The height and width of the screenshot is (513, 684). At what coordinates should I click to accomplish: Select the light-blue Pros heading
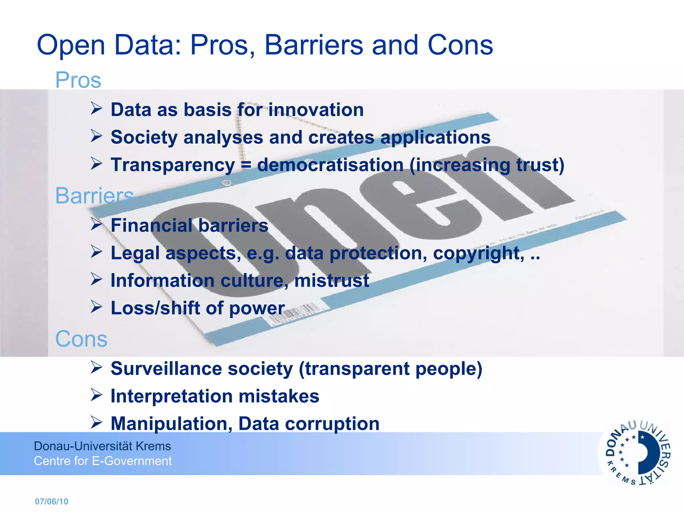click(78, 80)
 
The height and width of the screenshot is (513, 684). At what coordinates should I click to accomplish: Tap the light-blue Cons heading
click(81, 339)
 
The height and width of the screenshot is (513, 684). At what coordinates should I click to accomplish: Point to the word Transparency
click(173, 165)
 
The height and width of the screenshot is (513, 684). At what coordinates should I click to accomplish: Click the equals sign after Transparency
click(246, 165)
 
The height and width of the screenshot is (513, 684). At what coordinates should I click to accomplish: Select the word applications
click(435, 137)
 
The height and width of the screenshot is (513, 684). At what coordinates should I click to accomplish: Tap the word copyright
click(478, 253)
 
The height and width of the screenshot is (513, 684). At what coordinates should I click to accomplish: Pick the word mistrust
click(331, 281)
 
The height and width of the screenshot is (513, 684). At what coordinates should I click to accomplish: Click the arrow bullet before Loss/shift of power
click(96, 307)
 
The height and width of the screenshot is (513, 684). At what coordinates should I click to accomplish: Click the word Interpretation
click(171, 396)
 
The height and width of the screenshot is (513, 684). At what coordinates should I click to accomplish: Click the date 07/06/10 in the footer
click(51, 501)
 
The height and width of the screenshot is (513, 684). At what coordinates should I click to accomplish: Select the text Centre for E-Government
click(103, 461)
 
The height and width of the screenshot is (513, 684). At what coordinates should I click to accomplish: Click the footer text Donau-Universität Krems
click(102, 446)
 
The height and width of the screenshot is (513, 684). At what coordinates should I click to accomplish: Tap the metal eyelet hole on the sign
click(227, 183)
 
